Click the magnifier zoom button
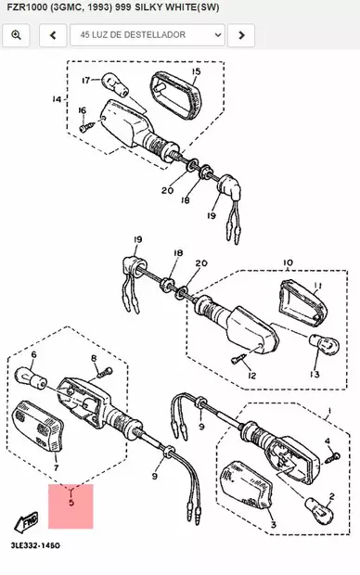click(16, 35)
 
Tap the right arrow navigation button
click(241, 35)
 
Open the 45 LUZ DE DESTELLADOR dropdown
click(148, 35)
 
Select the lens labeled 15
click(175, 95)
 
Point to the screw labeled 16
click(86, 126)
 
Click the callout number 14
click(57, 99)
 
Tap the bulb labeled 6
click(31, 378)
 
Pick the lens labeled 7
click(38, 427)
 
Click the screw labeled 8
click(105, 373)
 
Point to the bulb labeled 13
click(324, 344)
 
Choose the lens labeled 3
click(247, 485)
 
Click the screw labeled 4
click(332, 457)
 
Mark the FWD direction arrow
click(26, 521)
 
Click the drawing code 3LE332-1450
click(35, 545)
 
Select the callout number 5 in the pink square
click(71, 502)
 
